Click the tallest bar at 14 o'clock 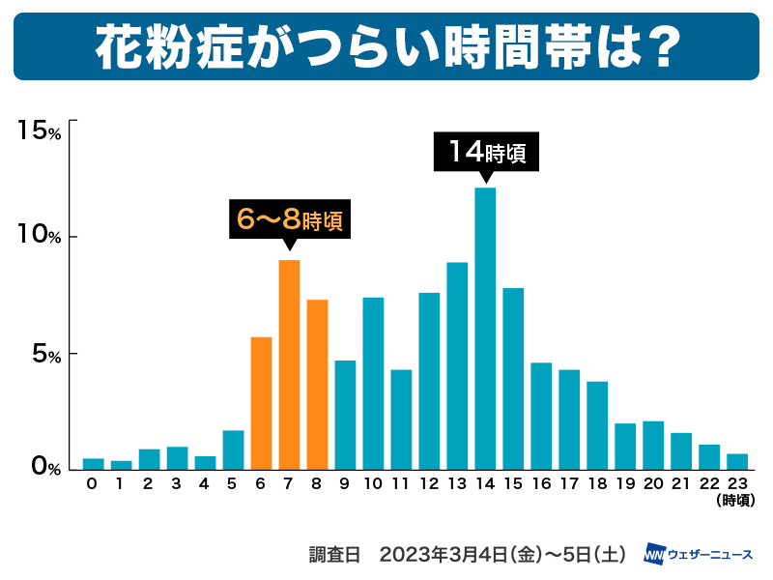pos(485,329)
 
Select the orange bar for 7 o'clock pos(289,364)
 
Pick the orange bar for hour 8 pos(317,385)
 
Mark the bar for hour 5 pos(233,449)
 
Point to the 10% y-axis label pos(40,236)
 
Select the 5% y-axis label pos(44,354)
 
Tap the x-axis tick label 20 pos(653,483)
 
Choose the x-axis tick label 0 pos(93,483)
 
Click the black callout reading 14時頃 pos(485,152)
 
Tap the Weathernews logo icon pos(653,555)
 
